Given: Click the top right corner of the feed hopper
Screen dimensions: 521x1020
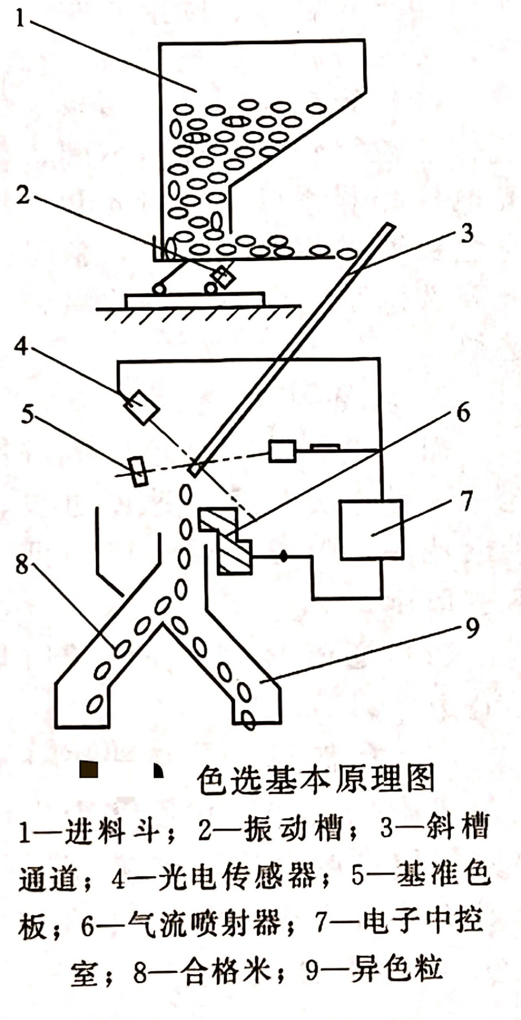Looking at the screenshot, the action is [363, 40].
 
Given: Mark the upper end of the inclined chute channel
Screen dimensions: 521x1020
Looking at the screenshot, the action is [391, 226].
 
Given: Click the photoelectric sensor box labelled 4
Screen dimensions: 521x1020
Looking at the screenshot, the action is [141, 407].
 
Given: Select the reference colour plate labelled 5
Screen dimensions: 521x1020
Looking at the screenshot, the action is [138, 472].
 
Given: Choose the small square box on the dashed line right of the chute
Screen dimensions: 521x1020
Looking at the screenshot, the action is [282, 451].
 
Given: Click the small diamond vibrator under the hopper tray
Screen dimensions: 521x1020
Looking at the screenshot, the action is [223, 277].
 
